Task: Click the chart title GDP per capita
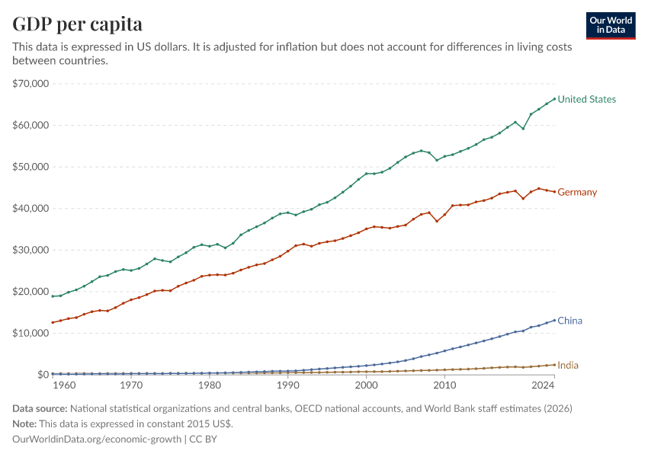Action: click(x=77, y=24)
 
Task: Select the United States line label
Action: click(x=586, y=99)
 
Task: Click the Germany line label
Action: click(x=577, y=192)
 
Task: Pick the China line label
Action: click(x=569, y=321)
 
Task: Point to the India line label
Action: click(x=568, y=365)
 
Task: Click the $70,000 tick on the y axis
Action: click(x=30, y=83)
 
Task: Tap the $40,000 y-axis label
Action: click(x=30, y=208)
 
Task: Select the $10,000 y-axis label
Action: click(x=30, y=333)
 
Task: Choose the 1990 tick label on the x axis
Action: click(x=287, y=386)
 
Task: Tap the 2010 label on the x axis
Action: click(x=444, y=386)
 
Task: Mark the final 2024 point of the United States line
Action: click(x=554, y=99)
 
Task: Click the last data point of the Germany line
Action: click(x=554, y=191)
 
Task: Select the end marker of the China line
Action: click(x=554, y=321)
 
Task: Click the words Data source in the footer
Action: click(x=40, y=409)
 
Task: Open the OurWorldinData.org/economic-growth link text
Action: click(x=98, y=439)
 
